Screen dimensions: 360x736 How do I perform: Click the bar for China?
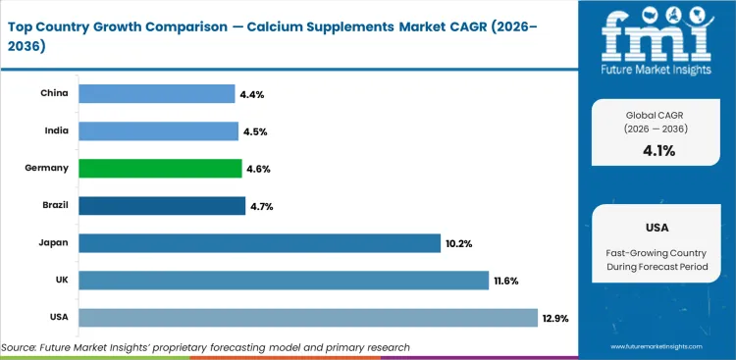tap(156, 94)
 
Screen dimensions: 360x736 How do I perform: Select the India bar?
tap(158, 131)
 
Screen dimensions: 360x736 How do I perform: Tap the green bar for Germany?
tap(160, 169)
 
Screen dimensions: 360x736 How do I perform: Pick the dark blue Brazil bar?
tap(162, 206)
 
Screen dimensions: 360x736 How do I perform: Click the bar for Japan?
tap(259, 243)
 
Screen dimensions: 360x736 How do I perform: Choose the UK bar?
tap(284, 281)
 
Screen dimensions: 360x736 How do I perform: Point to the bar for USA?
tap(308, 318)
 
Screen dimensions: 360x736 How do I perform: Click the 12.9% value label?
tap(554, 319)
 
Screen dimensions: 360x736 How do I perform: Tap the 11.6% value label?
tap(505, 282)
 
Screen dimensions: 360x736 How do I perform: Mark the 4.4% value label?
tap(252, 95)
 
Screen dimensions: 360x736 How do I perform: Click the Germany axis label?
tap(46, 169)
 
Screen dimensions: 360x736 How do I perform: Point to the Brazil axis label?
tap(52, 206)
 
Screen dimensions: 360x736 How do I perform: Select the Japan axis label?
tap(52, 243)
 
